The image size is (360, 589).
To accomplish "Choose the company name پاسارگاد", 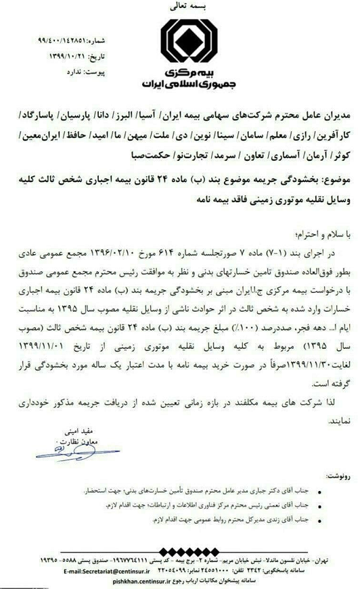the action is pyautogui.click(x=329, y=109).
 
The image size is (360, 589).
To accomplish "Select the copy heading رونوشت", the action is pyautogui.click(x=337, y=473).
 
